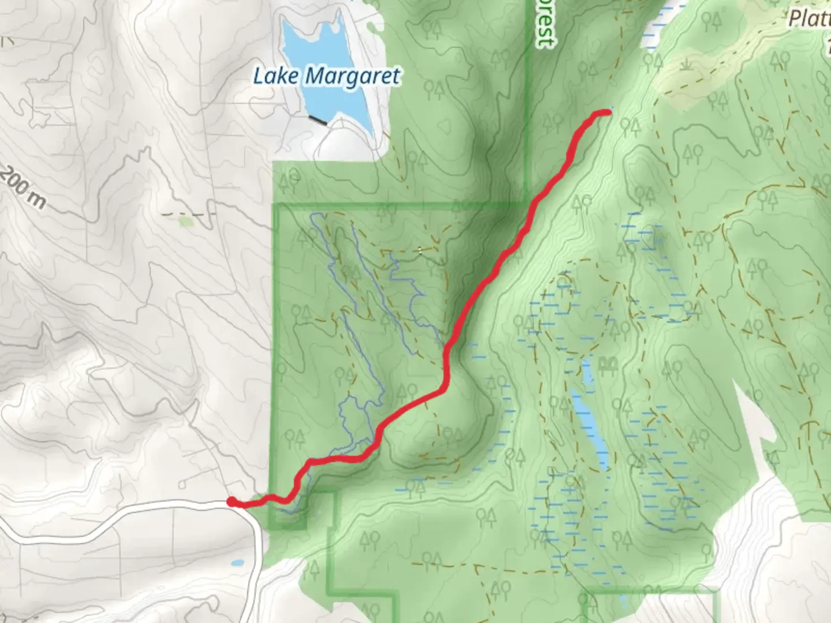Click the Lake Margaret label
point(327,76)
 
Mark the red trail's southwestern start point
point(231,502)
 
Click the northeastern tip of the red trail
point(607,112)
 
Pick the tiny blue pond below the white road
point(237,562)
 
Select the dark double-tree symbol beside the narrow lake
point(608,364)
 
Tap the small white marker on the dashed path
point(420,250)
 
